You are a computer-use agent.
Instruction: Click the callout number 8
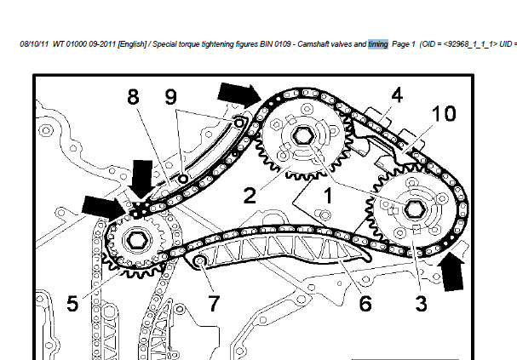pos(133,97)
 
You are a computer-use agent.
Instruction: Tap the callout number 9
pos(171,97)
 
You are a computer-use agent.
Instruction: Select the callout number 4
pos(397,94)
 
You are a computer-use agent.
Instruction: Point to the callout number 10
pos(444,113)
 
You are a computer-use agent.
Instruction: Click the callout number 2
pos(250,195)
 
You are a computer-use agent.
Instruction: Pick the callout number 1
pos(328,195)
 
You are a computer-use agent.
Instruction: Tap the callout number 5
pos(72,303)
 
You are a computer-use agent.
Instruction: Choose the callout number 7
pos(214,303)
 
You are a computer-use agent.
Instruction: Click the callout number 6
pos(365,303)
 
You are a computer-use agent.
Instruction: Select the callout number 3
pos(421,303)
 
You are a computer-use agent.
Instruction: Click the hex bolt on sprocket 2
pos(302,136)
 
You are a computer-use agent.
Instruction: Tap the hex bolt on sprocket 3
pos(411,209)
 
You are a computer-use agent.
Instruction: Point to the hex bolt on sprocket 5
pos(135,240)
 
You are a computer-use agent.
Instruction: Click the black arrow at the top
pos(239,93)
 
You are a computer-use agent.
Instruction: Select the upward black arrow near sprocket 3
pos(451,271)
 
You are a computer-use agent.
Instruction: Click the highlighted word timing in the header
pos(378,44)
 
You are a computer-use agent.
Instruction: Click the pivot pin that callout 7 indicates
pos(200,261)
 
